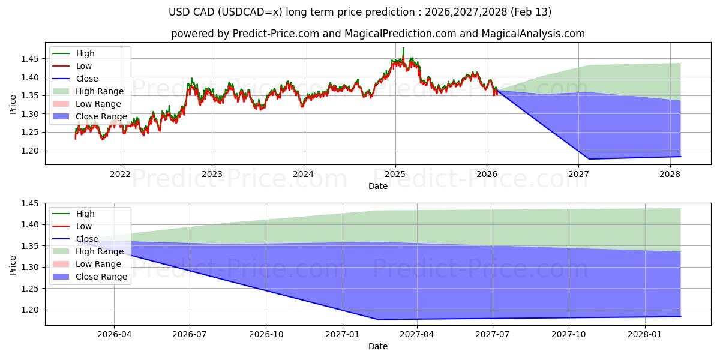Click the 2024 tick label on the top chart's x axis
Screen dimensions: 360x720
[x=304, y=175]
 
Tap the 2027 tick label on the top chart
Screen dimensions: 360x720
[x=579, y=175]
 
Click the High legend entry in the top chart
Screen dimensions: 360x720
[x=85, y=53]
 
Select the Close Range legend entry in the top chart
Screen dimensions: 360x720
[x=101, y=116]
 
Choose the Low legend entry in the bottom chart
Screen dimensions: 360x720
[x=83, y=226]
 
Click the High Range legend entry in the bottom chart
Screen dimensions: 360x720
[x=99, y=251]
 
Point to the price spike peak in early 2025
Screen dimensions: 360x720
[x=403, y=48]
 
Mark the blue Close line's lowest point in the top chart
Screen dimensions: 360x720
[x=589, y=159]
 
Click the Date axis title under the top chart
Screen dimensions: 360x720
[x=378, y=186]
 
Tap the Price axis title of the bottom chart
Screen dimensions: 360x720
[x=13, y=265]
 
